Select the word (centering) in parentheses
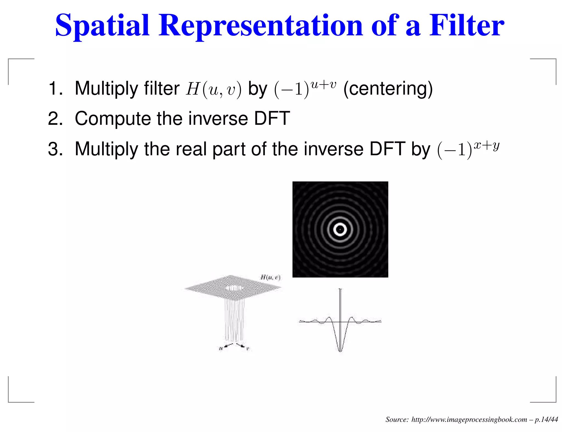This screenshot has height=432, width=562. coord(388,89)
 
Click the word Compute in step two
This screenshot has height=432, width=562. coord(113,119)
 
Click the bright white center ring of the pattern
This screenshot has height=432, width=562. coord(340,229)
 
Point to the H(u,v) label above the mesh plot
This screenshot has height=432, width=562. coord(270,277)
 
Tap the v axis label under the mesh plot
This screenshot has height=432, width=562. coord(248,349)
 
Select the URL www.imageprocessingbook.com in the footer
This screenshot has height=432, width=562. coord(469,419)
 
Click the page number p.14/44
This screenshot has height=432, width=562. coord(546,419)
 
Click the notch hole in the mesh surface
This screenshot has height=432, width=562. coord(234,288)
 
